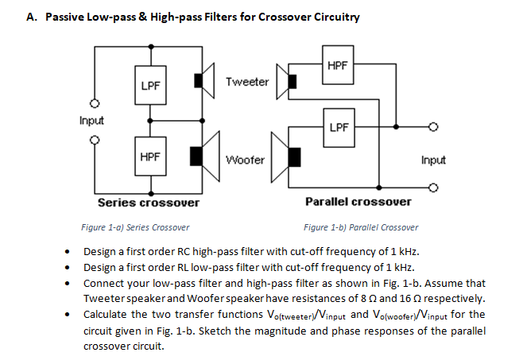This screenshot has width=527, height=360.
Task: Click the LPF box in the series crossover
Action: coord(148,85)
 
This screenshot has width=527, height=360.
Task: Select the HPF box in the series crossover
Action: coord(148,157)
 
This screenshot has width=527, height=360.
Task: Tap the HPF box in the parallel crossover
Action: coord(337,66)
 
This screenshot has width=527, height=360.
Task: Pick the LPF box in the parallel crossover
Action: coord(337,127)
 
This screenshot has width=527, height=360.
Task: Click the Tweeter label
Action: coord(247,82)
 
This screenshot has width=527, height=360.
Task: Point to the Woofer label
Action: coord(245,159)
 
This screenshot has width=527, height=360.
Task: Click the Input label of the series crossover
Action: coord(91,121)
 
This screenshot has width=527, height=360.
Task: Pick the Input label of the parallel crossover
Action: coord(433,160)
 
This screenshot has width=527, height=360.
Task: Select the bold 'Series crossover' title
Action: coord(149,203)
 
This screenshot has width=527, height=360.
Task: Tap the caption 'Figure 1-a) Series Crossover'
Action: coord(135,227)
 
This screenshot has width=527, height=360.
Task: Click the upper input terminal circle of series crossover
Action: coord(94,104)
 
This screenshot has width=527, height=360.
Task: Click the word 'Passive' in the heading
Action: coord(67,17)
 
